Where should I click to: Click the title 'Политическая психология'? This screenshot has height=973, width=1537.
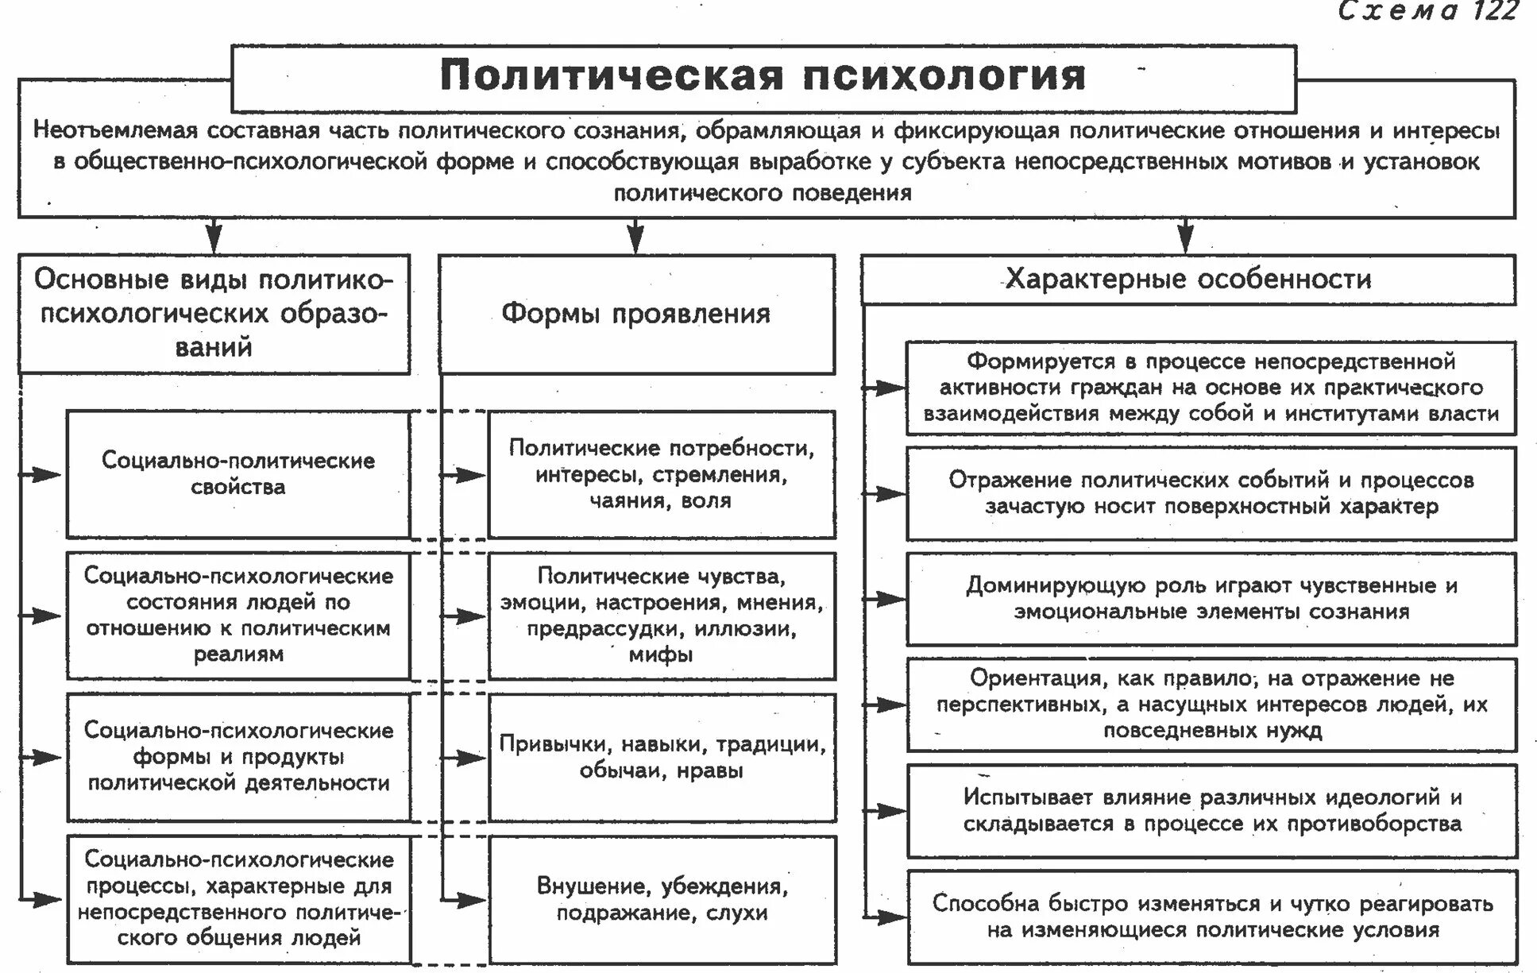coord(763,76)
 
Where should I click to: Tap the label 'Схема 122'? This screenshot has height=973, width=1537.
coord(1427,11)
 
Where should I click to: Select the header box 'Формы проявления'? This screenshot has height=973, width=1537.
coord(636,314)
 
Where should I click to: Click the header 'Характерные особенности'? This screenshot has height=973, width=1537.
coord(1188,280)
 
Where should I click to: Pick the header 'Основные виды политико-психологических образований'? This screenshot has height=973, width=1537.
coord(214,313)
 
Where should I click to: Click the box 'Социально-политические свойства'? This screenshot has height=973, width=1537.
coord(238,474)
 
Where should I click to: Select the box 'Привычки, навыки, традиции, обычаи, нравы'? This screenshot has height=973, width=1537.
coord(662,757)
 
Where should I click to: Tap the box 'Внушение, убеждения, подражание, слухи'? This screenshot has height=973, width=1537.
coord(662,899)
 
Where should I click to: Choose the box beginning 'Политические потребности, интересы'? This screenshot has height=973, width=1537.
coord(662,474)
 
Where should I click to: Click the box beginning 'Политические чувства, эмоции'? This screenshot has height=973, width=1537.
coord(662,616)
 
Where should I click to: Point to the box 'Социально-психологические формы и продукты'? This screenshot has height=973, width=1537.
coord(238,757)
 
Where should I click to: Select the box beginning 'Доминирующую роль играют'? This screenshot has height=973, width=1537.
coord(1211,598)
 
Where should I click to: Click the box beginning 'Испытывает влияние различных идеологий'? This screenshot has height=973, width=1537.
coord(1211,810)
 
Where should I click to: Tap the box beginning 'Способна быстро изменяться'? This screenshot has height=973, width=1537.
coord(1211,917)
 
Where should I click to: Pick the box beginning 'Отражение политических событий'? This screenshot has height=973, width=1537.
coord(1211,493)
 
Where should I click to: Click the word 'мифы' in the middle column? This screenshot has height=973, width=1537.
coord(661,654)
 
